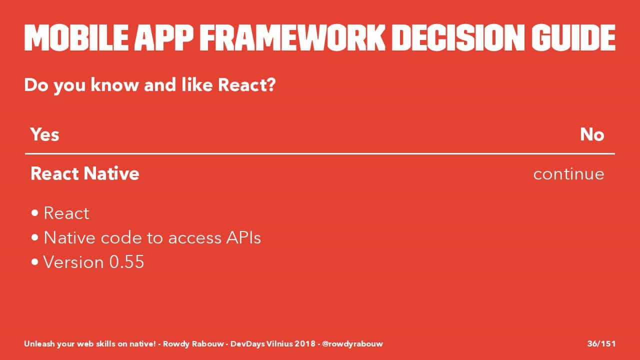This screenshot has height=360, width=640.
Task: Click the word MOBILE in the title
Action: [x=76, y=37]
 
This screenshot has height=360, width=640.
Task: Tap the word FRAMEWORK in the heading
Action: [x=292, y=37]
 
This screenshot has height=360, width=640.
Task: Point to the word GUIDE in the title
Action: [x=573, y=37]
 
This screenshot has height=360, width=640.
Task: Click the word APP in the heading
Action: [x=164, y=37]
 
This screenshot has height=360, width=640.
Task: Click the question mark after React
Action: [x=271, y=85]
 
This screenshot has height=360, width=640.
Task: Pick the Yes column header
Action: [x=45, y=134]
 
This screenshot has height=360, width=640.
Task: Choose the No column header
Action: [x=592, y=134]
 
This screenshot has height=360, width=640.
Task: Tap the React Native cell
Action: [x=85, y=173]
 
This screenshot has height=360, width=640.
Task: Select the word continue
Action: [x=569, y=174]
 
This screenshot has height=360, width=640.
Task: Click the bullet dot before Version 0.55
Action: [x=35, y=262]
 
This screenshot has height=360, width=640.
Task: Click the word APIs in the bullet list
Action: [x=243, y=237]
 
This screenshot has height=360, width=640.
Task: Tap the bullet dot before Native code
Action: [x=35, y=237]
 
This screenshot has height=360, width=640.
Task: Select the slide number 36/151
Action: [x=601, y=343]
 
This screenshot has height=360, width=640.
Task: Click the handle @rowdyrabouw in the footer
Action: [x=352, y=344]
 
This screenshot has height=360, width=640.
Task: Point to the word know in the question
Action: [x=114, y=85]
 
